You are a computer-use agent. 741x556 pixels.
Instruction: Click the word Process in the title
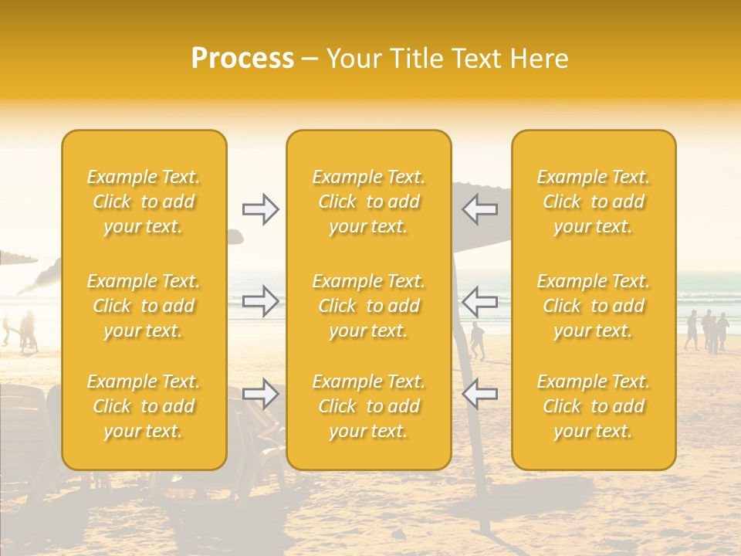(242, 59)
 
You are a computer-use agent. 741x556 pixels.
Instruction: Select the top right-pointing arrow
(260, 209)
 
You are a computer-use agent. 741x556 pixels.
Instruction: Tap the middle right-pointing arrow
(260, 300)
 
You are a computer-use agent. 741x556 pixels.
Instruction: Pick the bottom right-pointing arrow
(260, 394)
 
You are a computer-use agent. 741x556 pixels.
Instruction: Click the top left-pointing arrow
(480, 209)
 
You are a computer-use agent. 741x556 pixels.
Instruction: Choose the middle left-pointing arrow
(480, 300)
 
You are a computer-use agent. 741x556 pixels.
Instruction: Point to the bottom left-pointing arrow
(480, 394)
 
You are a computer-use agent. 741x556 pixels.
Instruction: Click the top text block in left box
(144, 202)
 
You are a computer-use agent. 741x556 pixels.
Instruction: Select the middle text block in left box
(144, 306)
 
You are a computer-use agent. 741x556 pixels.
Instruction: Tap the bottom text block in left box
(144, 406)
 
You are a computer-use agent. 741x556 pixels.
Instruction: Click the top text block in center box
(369, 202)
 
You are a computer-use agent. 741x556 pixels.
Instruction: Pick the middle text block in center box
(369, 306)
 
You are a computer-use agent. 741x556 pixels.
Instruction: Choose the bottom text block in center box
(369, 406)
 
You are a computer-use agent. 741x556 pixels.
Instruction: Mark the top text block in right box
(594, 202)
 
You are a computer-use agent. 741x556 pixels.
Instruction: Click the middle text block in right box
(594, 306)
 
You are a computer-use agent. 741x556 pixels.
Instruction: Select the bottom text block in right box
(594, 406)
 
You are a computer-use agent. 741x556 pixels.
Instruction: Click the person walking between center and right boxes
(478, 341)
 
